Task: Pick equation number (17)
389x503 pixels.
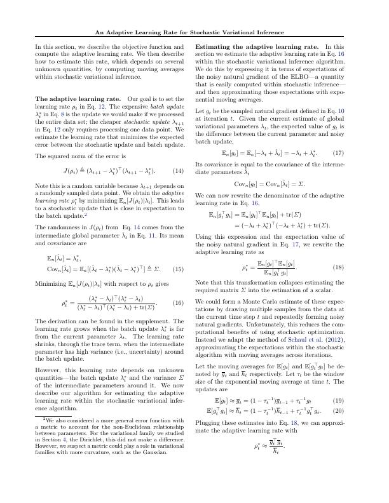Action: [338, 153]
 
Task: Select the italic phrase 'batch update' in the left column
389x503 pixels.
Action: [163, 107]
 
